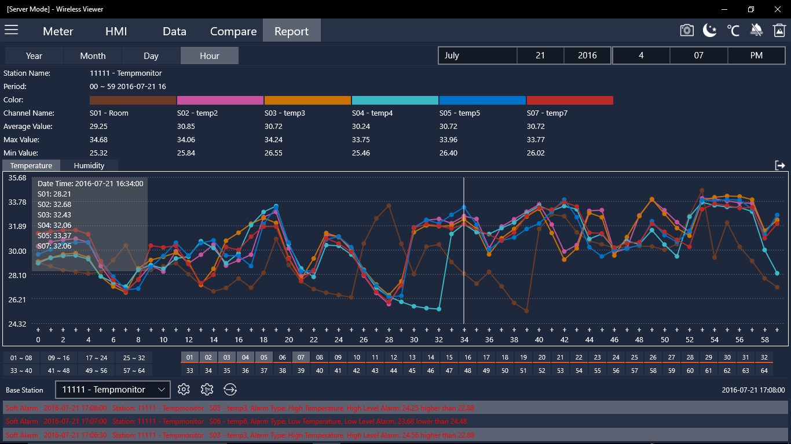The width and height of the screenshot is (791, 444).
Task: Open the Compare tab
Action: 233,31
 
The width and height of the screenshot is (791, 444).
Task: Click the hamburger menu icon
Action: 12,30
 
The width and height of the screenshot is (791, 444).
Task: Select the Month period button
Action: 93,55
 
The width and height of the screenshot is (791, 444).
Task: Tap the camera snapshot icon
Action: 686,30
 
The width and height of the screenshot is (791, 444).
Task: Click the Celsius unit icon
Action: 733,30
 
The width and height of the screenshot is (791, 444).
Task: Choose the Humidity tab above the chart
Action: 89,165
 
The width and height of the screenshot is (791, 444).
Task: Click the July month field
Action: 477,55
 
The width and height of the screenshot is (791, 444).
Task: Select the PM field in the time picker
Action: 756,55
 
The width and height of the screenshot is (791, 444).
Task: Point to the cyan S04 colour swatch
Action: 395,100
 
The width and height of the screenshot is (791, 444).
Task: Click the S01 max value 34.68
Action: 98,140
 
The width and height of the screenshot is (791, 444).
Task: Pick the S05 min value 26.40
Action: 448,153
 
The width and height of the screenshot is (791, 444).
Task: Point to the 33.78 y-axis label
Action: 17,202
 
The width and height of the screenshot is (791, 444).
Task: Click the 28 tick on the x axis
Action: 389,339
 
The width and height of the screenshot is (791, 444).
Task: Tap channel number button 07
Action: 301,357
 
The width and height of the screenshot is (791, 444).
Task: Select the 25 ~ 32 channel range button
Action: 134,358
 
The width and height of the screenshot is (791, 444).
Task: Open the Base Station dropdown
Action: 113,390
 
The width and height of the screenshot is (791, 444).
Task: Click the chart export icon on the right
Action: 779,165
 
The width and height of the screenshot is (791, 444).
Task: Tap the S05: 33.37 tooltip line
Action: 54,235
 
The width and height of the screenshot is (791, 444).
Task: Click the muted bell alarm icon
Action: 756,30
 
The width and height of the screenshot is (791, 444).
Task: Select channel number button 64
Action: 764,371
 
